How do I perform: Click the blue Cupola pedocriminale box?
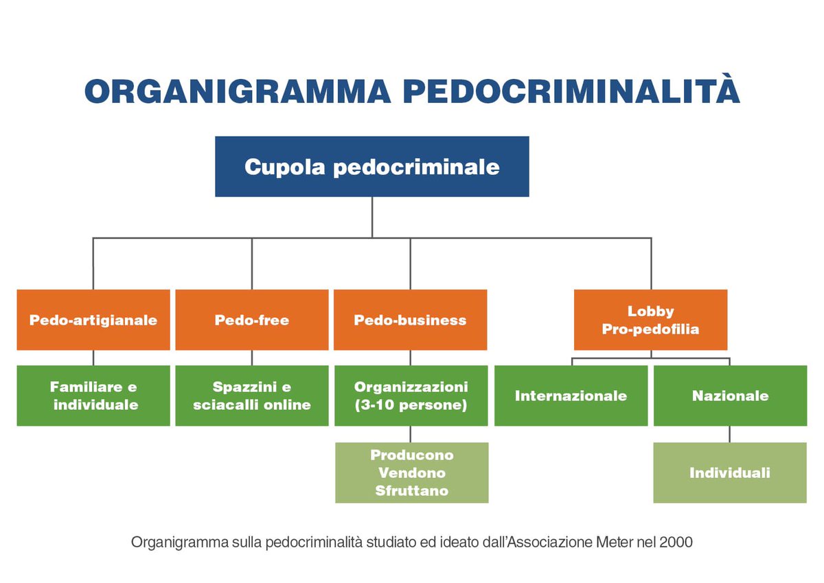click(x=371, y=167)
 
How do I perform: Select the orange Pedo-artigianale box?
click(x=93, y=320)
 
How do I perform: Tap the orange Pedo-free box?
click(x=252, y=320)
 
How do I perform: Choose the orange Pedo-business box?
click(x=411, y=320)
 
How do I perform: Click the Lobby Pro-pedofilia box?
click(x=650, y=320)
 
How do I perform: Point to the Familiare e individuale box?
click(x=93, y=396)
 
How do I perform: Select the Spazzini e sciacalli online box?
click(x=252, y=396)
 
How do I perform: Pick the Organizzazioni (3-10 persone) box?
click(x=411, y=396)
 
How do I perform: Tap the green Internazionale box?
click(x=571, y=396)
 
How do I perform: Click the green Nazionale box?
click(x=730, y=396)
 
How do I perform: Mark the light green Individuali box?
click(x=730, y=472)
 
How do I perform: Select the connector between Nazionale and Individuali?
click(x=730, y=434)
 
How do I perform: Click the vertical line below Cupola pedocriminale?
click(x=372, y=217)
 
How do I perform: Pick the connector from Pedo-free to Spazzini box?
click(x=252, y=358)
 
